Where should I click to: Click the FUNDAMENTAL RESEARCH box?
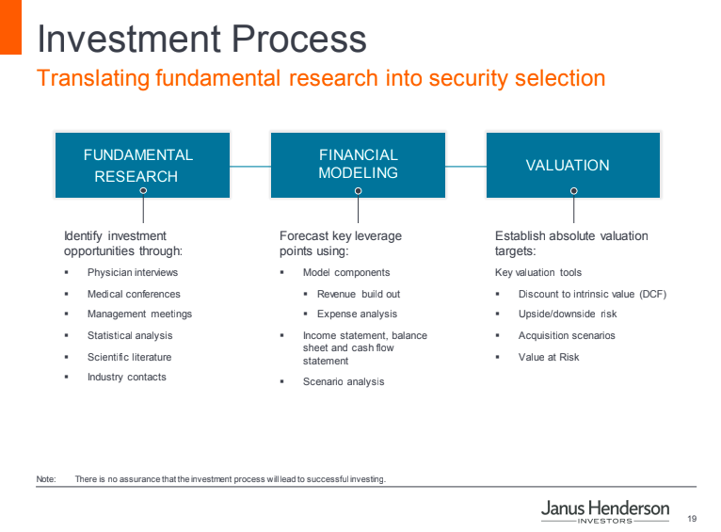[142, 165]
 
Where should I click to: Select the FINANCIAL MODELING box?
[358, 165]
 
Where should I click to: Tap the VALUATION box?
[573, 165]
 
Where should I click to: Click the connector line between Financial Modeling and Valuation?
[466, 167]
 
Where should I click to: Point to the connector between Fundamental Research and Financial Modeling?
[250, 167]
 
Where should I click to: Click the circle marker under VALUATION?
[574, 191]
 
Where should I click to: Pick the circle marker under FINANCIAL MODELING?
[359, 191]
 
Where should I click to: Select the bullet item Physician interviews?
[133, 273]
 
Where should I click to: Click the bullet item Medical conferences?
[134, 294]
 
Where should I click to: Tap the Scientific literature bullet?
[129, 357]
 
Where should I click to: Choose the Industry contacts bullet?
[127, 377]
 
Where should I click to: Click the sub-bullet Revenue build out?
[359, 294]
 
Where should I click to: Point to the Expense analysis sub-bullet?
[357, 314]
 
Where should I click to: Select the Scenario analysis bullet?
[344, 381]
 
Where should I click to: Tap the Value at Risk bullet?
[549, 357]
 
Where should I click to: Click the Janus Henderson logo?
[605, 511]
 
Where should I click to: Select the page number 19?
[692, 519]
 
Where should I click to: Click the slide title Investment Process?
[201, 39]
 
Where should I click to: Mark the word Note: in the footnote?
[46, 479]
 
